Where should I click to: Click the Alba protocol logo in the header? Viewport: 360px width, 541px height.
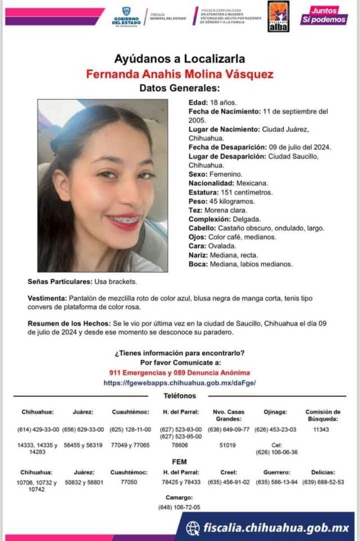pos(278,16)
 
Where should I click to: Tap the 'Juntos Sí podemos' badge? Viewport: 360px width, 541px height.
pos(324,16)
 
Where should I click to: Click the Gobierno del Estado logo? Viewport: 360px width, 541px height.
pos(125,16)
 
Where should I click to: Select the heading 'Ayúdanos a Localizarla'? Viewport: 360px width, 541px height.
pos(179,58)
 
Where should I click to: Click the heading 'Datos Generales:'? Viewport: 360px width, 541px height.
pos(179,88)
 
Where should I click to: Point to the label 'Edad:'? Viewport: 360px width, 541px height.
pos(198,103)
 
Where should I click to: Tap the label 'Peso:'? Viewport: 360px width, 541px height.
pos(198,201)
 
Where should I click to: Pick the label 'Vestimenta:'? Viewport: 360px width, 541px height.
pos(47,298)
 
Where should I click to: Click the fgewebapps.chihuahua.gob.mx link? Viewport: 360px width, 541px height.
pos(179,382)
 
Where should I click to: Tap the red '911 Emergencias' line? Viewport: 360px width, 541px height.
pos(179,372)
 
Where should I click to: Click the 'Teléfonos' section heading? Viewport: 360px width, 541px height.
pos(179,396)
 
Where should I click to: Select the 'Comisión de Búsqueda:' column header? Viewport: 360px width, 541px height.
pos(322,415)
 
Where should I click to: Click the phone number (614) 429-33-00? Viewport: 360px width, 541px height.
pos(38,430)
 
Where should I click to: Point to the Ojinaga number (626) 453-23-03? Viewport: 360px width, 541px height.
pos(276,430)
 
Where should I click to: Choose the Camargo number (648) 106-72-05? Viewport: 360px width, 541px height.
pos(179,507)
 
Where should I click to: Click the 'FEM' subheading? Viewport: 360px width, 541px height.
pos(179,462)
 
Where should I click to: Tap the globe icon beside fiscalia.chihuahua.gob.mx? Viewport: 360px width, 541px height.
pos(193,528)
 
